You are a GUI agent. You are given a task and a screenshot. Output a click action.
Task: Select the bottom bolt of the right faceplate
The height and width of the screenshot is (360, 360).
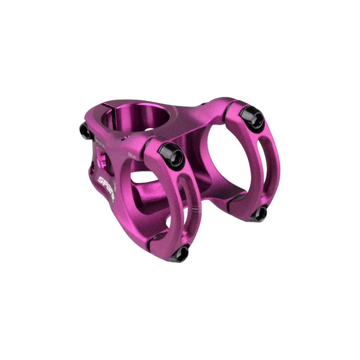point(260,213)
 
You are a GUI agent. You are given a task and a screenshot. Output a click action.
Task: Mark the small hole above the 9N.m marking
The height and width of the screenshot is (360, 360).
point(123,140)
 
